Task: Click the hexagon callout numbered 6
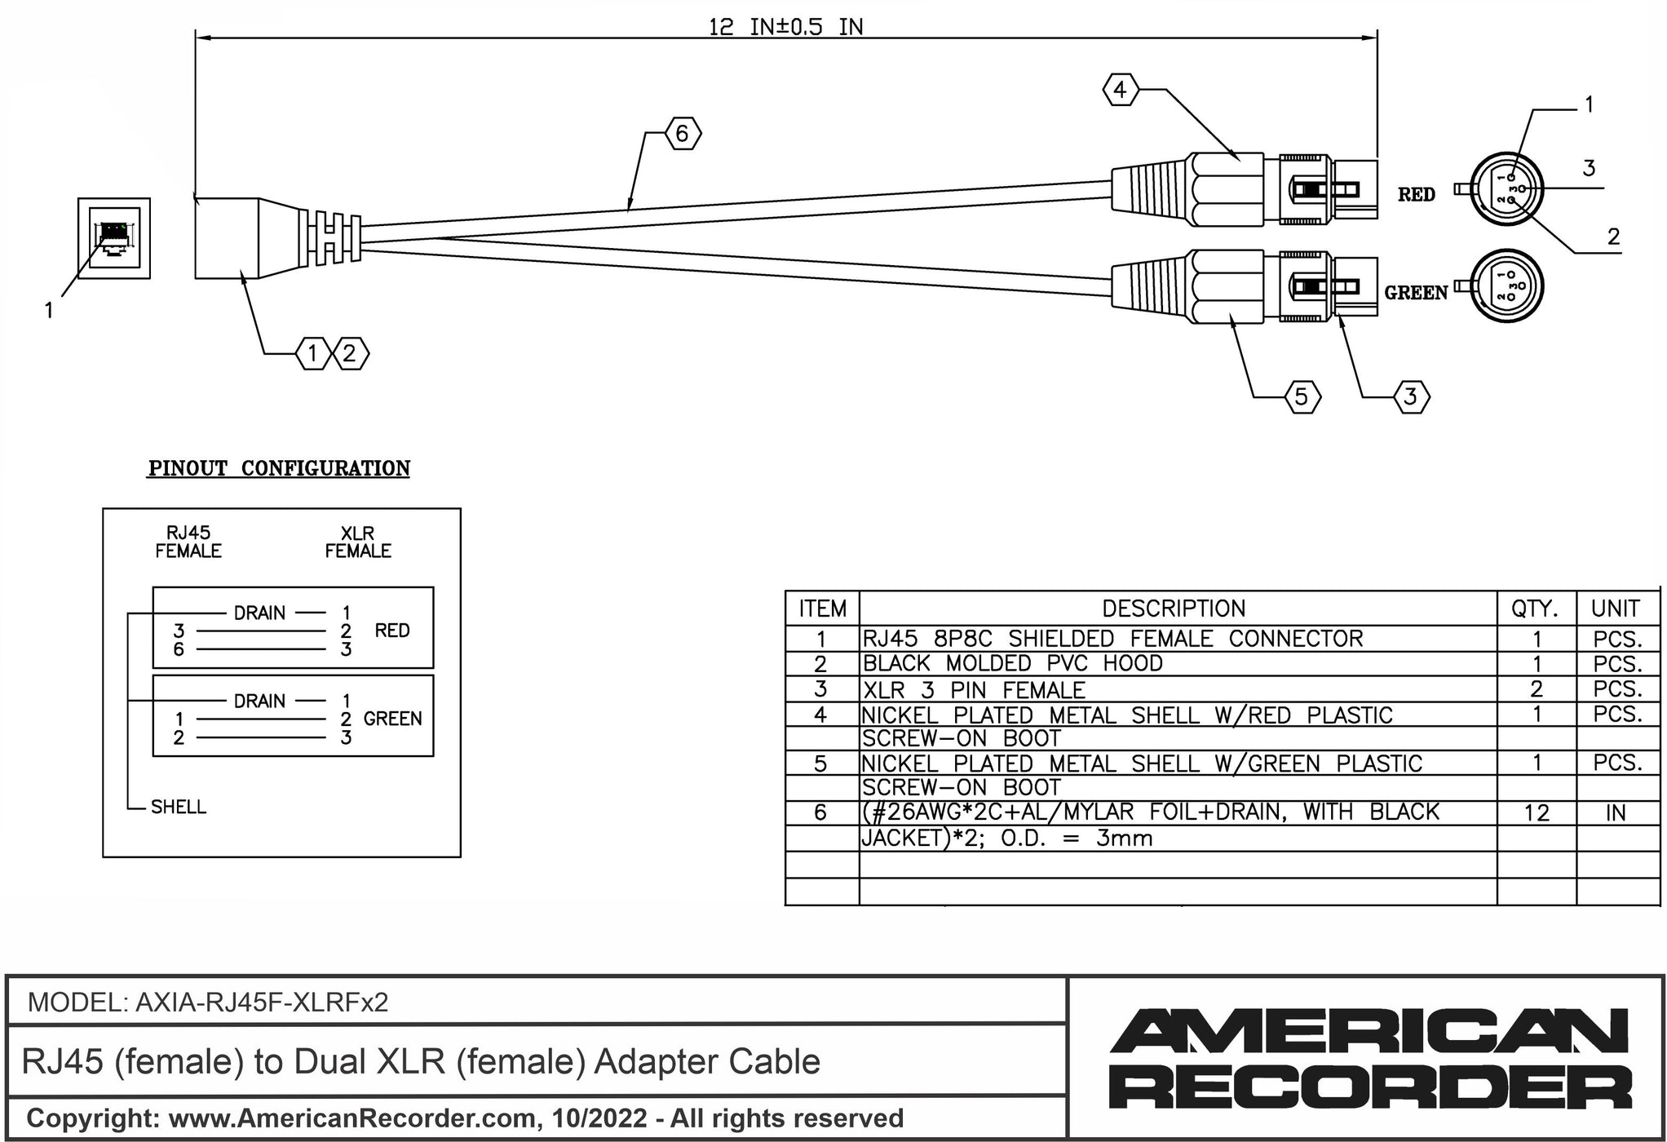pyautogui.click(x=683, y=134)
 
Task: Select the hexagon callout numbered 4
pyautogui.click(x=1120, y=90)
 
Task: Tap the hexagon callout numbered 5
pyautogui.click(x=1302, y=397)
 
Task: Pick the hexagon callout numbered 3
pyautogui.click(x=1411, y=397)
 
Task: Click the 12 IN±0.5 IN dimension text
pyautogui.click(x=785, y=28)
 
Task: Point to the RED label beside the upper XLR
pyautogui.click(x=1416, y=195)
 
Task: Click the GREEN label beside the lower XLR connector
pyautogui.click(x=1416, y=293)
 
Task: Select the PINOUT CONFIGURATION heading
pyautogui.click(x=279, y=468)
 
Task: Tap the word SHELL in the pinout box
pyautogui.click(x=179, y=807)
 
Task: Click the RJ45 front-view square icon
pyautogui.click(x=114, y=237)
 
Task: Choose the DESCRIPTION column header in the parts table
pyautogui.click(x=1174, y=609)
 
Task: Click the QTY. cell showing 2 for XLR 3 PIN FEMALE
pyautogui.click(x=1536, y=689)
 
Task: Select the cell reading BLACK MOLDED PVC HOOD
pyautogui.click(x=1012, y=663)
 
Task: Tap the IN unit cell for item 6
pyautogui.click(x=1616, y=813)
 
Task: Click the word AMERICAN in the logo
pyautogui.click(x=1369, y=1031)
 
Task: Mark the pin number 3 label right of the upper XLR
pyautogui.click(x=1589, y=169)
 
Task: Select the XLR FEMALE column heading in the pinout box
pyautogui.click(x=358, y=542)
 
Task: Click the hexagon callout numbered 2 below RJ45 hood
pyautogui.click(x=350, y=354)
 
